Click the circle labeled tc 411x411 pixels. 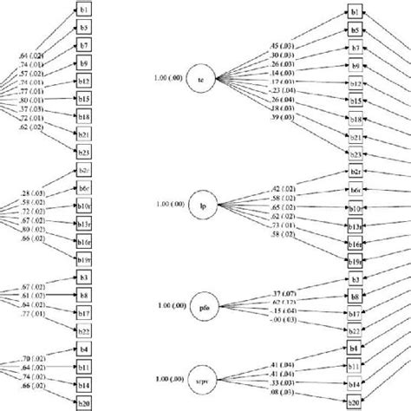[201, 80]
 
